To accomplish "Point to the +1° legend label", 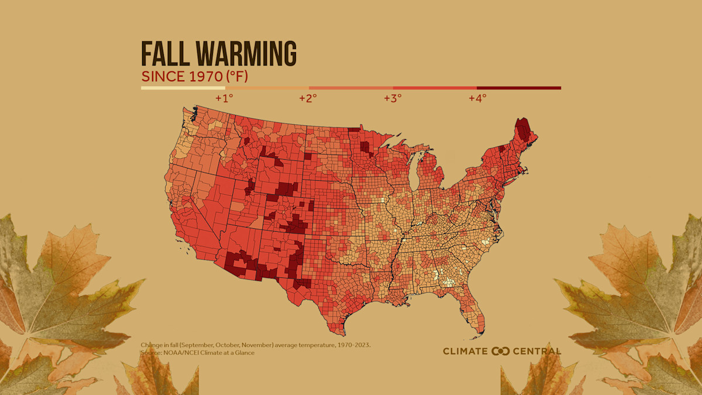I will [224, 98].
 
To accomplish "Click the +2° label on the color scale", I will [308, 98].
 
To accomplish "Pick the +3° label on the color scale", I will [393, 98].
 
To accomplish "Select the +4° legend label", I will [477, 98].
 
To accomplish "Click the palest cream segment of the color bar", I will [183, 88].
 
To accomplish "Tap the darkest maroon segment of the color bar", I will [519, 88].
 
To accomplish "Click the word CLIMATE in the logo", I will [465, 351].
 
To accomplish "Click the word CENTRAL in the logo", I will [536, 351].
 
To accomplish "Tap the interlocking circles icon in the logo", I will [501, 351].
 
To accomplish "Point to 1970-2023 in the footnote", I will [351, 345].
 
